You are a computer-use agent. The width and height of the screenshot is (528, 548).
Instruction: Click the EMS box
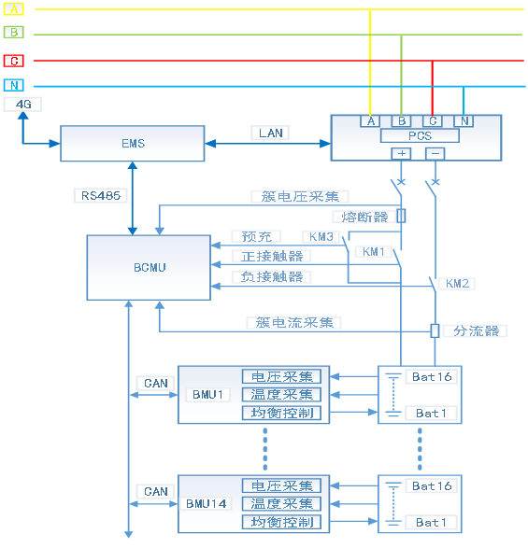(x=132, y=144)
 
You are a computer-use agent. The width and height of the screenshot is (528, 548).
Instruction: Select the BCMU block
(x=148, y=268)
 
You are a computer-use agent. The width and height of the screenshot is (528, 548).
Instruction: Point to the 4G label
(x=23, y=105)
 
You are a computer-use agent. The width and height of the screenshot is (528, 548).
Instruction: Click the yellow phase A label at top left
(x=14, y=8)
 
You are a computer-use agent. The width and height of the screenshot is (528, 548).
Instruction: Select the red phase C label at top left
(x=14, y=61)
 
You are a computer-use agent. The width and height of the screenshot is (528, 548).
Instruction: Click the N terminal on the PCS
(x=464, y=120)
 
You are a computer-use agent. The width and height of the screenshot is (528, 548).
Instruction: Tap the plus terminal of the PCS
(x=402, y=153)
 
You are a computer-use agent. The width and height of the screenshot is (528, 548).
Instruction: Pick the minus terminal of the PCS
(x=435, y=153)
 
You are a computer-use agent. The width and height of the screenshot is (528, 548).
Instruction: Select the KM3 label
(x=322, y=237)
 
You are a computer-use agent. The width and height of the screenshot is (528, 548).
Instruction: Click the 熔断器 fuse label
(x=365, y=217)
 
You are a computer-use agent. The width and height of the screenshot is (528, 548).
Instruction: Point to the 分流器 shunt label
(x=477, y=330)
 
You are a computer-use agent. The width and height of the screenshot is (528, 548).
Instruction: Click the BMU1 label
(x=207, y=395)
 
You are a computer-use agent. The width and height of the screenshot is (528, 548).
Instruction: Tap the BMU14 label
(x=207, y=504)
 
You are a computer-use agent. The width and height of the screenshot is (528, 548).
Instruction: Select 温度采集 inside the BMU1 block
(x=281, y=395)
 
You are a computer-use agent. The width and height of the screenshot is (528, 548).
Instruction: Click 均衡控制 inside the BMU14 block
(x=281, y=522)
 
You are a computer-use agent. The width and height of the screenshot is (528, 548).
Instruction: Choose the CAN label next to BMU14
(x=156, y=492)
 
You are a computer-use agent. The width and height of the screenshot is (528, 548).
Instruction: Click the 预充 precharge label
(x=255, y=237)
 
